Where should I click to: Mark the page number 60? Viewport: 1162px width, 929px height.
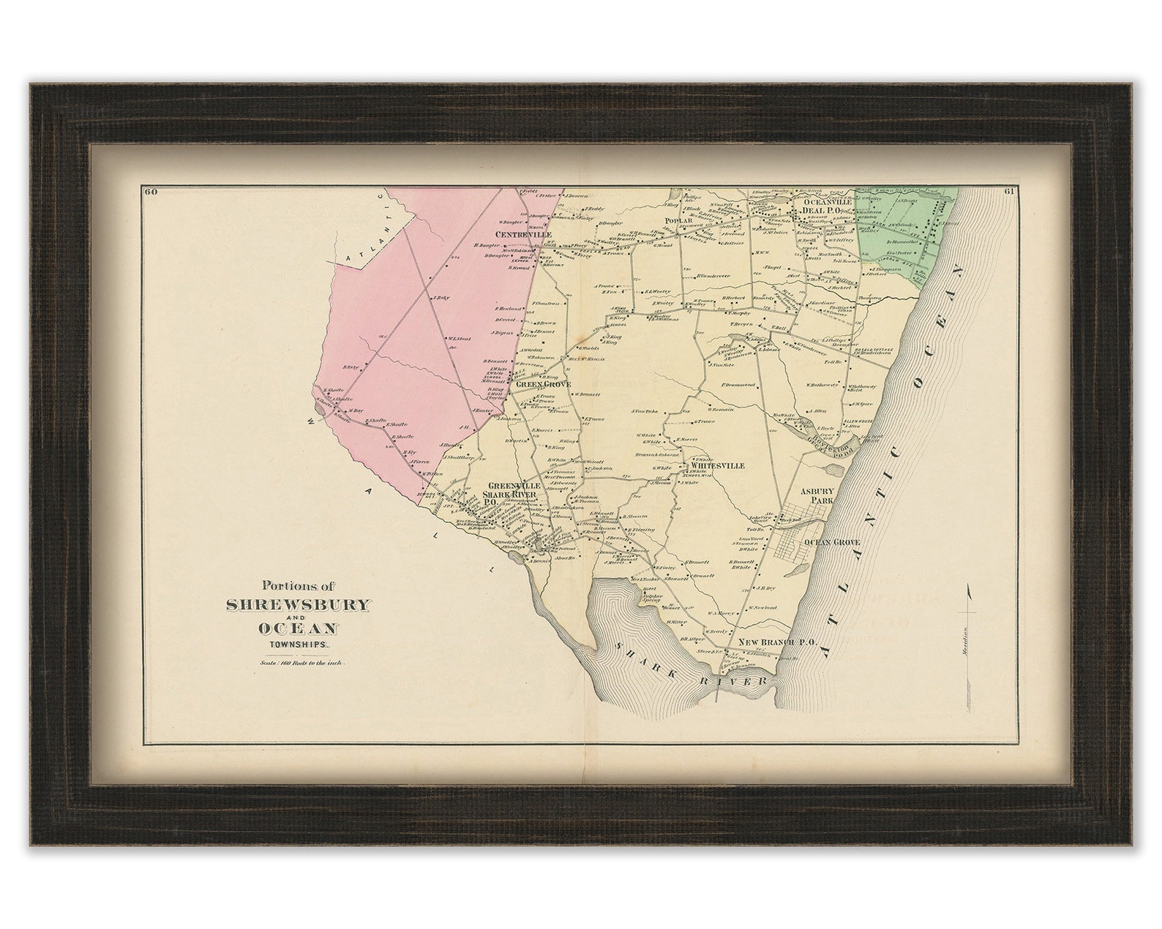(152, 192)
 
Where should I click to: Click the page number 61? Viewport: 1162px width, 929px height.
(1008, 192)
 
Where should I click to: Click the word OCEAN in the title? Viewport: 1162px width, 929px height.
(296, 628)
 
